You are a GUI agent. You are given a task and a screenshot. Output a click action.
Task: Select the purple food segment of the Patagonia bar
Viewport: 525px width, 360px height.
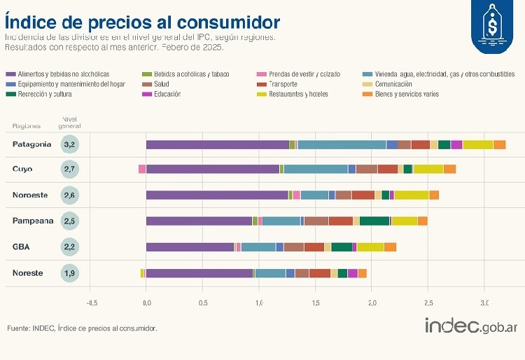pos(217,145)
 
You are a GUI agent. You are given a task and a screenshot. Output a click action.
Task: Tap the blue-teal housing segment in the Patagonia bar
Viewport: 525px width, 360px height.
pos(342,145)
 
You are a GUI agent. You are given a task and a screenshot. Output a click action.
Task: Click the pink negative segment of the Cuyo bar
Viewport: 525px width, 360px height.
pos(142,169)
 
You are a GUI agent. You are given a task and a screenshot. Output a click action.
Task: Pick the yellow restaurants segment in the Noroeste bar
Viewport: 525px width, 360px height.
pos(412,195)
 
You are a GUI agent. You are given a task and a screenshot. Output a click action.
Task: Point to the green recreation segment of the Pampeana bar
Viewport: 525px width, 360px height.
pos(374,221)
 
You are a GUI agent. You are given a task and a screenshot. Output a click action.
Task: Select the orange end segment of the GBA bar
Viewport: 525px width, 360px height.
pos(391,247)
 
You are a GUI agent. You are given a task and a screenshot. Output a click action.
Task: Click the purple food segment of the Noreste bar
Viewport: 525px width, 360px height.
pos(199,273)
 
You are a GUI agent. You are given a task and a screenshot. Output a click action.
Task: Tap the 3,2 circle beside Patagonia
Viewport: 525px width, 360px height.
pos(69,145)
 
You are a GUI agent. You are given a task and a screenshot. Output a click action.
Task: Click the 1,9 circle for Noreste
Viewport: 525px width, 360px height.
pos(69,273)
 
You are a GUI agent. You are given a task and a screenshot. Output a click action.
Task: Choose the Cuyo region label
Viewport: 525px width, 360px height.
pos(22,169)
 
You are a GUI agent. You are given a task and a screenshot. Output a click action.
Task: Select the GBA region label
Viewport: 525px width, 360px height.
pos(22,247)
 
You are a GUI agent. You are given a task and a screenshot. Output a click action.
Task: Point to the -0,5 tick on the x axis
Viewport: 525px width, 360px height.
pos(92,303)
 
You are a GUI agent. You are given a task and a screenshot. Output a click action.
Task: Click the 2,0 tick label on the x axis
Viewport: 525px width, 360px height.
pos(372,303)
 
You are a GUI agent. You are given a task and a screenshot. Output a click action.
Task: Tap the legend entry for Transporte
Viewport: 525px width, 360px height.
pos(282,84)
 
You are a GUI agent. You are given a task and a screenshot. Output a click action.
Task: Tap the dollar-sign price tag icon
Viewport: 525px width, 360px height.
pos(491,26)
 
